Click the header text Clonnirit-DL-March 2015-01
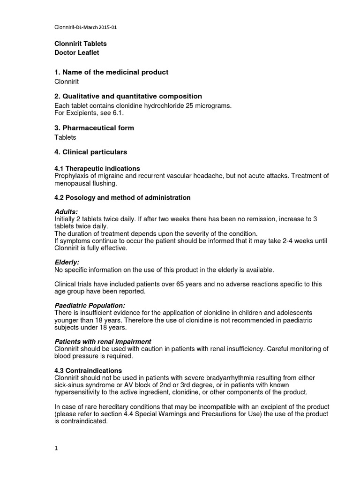coord(85,28)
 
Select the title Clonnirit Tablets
coord(81,44)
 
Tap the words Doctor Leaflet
coord(77,53)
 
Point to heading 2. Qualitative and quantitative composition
coord(128,97)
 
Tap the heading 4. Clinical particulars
coord(91,152)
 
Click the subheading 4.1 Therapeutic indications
coord(97,168)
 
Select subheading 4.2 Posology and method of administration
coord(123,198)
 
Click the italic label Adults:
coord(67,212)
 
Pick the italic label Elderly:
coord(67,262)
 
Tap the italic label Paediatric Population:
coord(90,306)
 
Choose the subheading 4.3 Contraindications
coord(88,370)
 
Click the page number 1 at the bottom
coord(56,448)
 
